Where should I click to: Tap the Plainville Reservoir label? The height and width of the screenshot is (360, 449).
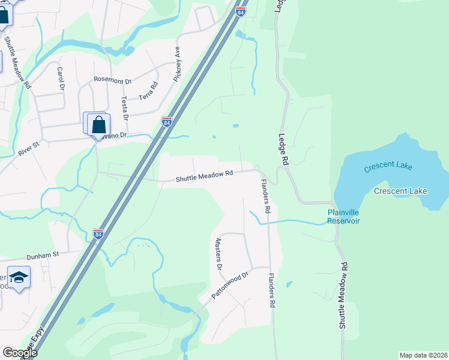[343, 217]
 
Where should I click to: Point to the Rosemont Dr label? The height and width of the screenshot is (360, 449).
[112, 80]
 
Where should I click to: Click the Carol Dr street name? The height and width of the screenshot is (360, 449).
[61, 79]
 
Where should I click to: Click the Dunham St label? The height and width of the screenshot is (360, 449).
[40, 254]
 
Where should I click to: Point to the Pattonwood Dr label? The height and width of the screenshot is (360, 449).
[230, 286]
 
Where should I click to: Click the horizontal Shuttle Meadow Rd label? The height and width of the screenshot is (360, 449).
[203, 176]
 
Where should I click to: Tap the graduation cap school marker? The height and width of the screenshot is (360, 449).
[19, 277]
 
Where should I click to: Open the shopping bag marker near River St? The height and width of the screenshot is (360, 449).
[98, 125]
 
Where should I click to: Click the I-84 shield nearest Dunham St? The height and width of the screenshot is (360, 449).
[98, 233]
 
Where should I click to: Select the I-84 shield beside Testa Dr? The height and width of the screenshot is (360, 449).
[167, 122]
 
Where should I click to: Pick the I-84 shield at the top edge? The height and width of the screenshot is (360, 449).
[240, 11]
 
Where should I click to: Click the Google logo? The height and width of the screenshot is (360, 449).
[20, 353]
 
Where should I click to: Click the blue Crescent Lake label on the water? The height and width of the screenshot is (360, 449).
[388, 167]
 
